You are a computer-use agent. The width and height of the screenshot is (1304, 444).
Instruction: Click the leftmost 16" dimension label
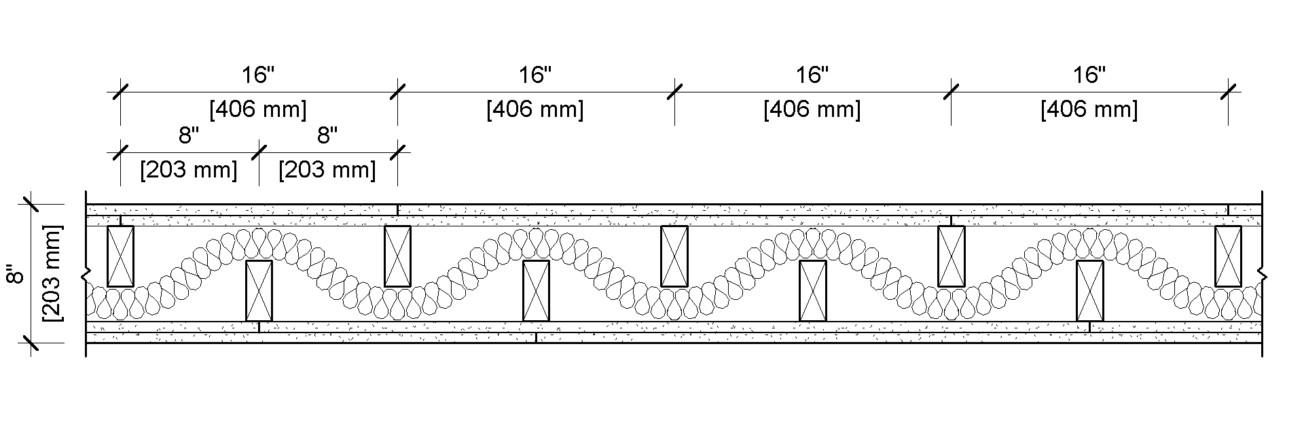pos(258,75)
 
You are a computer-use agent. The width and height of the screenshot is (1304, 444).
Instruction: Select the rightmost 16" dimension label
pos(1089,75)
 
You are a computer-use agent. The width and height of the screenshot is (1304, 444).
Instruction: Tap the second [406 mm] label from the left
pos(535,109)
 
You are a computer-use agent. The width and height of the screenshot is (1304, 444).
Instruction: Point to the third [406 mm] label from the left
pos(812,109)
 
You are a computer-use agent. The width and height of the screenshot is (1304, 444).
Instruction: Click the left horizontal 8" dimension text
pos(189,136)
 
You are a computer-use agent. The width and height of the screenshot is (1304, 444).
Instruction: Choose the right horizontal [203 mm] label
pos(327,169)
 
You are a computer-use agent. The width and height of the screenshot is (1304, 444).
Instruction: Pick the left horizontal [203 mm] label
pos(189,169)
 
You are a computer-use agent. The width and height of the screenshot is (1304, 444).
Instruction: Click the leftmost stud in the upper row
pos(121,256)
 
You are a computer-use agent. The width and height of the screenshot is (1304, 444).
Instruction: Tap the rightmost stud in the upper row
pos(1228,256)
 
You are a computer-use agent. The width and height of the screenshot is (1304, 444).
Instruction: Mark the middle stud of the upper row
pos(674,256)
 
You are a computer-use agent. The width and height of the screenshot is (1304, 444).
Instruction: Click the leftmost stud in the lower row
pos(259,290)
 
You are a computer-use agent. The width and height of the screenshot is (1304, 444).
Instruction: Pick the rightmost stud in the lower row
pos(1089,290)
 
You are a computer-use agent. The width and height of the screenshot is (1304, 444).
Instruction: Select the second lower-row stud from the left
pos(536,290)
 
